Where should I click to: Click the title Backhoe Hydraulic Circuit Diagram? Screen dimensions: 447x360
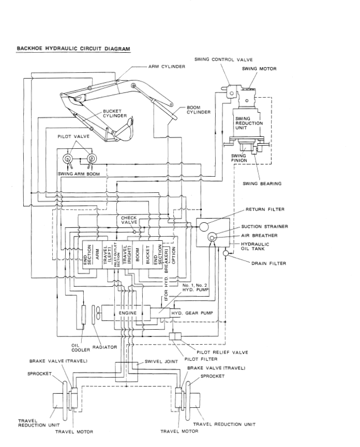73,49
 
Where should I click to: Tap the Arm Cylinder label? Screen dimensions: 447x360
167,67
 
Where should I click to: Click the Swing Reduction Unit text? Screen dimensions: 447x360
249,123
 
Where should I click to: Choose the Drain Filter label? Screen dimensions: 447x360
268,263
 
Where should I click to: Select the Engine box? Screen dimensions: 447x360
127,313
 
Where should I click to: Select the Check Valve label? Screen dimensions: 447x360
129,220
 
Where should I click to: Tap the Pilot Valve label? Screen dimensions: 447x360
73,136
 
